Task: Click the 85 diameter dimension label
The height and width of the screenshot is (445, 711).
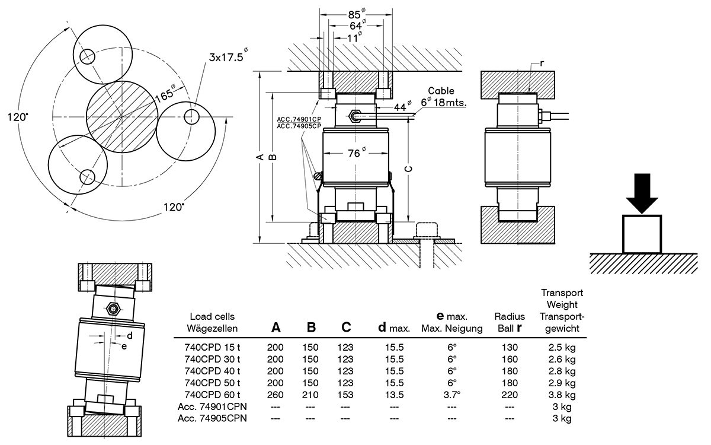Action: pyautogui.click(x=357, y=14)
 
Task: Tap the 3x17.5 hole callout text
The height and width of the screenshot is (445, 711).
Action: pyautogui.click(x=228, y=55)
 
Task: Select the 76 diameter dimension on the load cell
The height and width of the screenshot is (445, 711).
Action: pyautogui.click(x=357, y=153)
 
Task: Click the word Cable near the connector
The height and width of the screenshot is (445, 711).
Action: pyautogui.click(x=441, y=91)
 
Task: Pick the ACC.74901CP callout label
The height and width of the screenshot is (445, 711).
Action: pyautogui.click(x=299, y=119)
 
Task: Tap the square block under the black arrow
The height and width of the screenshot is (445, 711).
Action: pyautogui.click(x=642, y=234)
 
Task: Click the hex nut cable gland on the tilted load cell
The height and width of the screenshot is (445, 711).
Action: pyautogui.click(x=113, y=309)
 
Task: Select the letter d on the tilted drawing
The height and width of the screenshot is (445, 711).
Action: pyautogui.click(x=130, y=336)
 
